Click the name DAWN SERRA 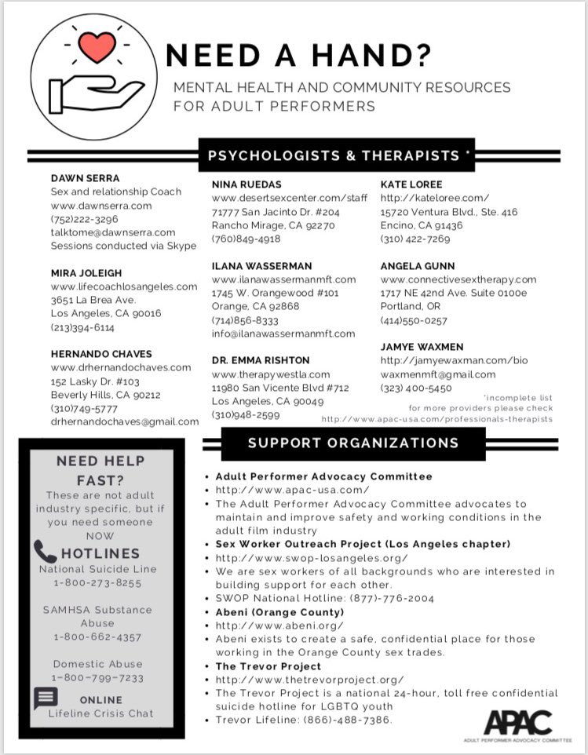coord(86,177)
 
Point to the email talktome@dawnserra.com coord(113,232)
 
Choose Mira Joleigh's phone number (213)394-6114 coord(82,327)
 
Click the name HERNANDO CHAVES coord(101,354)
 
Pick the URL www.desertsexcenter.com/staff coord(290,198)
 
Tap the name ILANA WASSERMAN coord(262,266)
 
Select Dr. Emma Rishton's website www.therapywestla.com coord(271,374)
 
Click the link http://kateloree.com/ coord(435,198)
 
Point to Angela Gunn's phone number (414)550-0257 coord(414,320)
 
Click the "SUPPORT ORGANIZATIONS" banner coord(353,443)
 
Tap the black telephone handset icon coord(46,553)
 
